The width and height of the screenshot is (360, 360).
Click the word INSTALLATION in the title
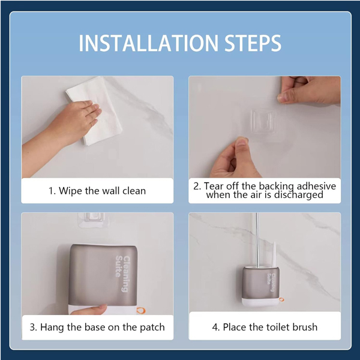point(148,43)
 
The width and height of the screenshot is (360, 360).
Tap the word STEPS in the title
point(253,43)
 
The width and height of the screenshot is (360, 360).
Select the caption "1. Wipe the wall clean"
point(97,191)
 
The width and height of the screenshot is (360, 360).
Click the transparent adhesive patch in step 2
point(263,122)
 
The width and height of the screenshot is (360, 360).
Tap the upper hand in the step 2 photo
point(310,90)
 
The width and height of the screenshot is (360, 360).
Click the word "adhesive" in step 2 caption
point(316,186)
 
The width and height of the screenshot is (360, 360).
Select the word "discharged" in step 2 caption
point(299,195)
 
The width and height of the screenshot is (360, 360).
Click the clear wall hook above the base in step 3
point(91,219)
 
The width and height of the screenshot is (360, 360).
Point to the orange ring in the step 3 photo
point(141,311)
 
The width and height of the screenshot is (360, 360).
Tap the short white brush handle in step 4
point(274,254)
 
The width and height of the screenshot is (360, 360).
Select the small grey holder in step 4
point(260,286)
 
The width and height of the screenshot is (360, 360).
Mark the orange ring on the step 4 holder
point(282,299)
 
